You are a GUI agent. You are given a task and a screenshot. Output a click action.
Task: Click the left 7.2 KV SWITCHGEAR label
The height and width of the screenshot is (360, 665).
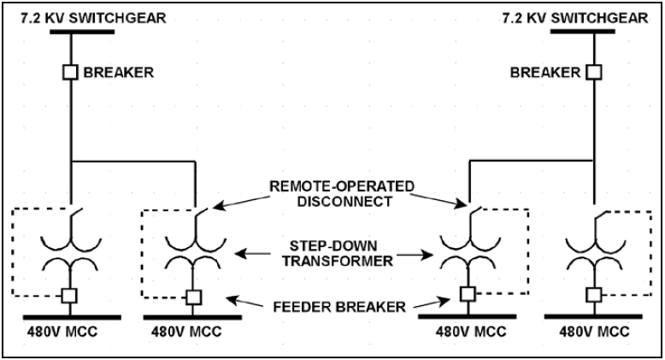93,18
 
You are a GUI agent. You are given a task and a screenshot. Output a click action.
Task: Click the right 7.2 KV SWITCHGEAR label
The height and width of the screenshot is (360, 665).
575,18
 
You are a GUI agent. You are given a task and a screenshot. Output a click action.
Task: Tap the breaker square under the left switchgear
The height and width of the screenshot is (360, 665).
70,72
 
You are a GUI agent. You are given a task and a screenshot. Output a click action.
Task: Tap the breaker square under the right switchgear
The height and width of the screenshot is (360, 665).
594,72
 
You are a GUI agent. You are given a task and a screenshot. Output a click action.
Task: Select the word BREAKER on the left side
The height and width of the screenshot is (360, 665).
118,73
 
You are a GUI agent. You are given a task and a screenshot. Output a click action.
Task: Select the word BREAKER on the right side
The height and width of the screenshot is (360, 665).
545,73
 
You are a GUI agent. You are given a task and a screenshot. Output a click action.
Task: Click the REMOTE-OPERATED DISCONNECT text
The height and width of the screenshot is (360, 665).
342,193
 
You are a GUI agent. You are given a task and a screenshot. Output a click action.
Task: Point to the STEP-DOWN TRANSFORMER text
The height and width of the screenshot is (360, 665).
338,253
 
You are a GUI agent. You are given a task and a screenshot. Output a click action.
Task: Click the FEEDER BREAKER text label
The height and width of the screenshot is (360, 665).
339,306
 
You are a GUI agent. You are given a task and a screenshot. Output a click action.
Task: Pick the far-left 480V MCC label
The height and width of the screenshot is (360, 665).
62,332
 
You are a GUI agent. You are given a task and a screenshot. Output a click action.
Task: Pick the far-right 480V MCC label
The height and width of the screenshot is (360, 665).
594,332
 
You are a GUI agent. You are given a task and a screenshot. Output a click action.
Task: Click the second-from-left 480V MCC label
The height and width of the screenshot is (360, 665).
186,332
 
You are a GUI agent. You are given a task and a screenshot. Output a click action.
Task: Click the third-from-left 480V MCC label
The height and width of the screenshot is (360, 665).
471,332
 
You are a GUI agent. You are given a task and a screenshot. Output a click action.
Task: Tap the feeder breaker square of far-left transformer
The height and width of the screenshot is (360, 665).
69,296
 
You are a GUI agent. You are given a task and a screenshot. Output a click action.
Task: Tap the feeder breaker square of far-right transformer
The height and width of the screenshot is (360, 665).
594,295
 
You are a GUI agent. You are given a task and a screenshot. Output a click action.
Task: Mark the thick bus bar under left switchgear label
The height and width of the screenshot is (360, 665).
82,32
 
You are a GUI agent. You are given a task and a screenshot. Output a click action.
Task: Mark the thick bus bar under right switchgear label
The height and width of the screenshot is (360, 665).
583,32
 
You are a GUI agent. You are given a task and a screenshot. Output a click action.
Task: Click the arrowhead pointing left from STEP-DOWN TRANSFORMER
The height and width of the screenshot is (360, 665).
240,254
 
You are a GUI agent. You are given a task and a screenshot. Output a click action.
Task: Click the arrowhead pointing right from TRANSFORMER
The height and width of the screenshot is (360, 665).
427,255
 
